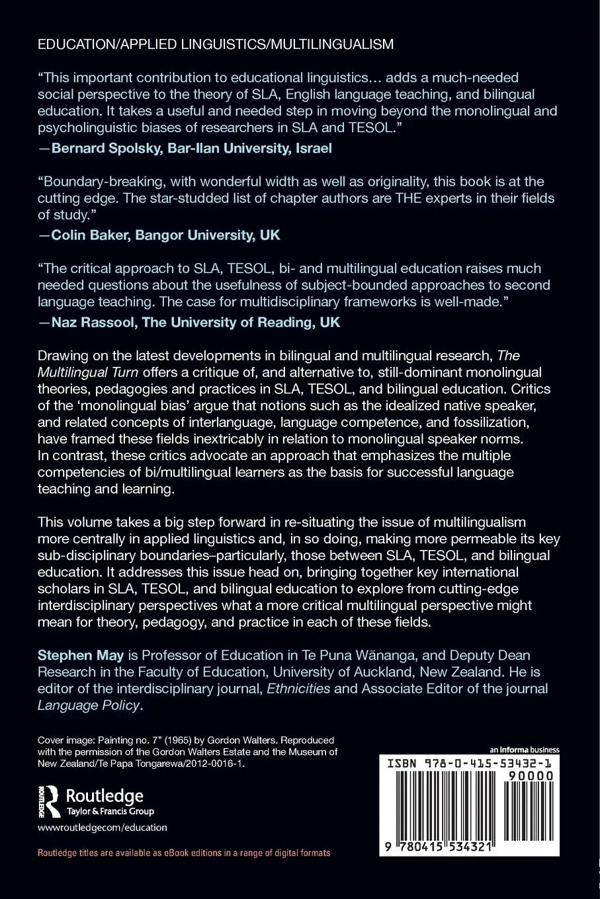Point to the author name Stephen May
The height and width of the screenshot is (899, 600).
71,655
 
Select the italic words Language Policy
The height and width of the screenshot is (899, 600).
89,705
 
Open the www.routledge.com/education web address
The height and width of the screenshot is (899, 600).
103,827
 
